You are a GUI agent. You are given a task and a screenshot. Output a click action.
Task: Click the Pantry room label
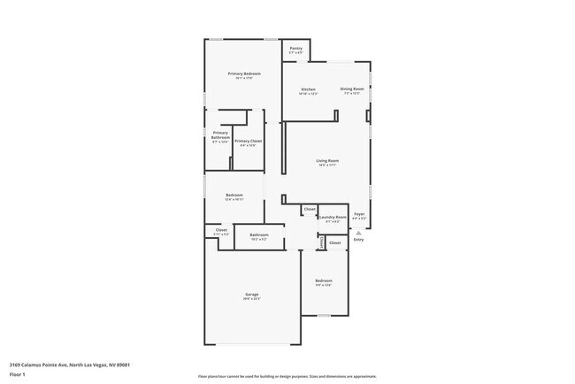(x=295, y=50)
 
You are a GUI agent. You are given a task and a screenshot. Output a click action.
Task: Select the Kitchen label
(x=308, y=89)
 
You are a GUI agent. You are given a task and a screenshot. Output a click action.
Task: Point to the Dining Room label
(x=351, y=89)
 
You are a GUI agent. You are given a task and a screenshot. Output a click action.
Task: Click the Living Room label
(x=327, y=160)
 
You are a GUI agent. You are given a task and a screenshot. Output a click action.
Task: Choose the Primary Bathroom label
(x=220, y=134)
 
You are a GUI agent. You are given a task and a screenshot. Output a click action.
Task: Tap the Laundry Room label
(x=332, y=217)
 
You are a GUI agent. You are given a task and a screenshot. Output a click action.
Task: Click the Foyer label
(x=359, y=214)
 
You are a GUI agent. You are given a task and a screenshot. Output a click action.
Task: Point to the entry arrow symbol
(x=358, y=232)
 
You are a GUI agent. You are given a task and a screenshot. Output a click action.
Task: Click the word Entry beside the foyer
(x=358, y=240)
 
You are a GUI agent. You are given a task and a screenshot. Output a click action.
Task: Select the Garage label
(x=252, y=294)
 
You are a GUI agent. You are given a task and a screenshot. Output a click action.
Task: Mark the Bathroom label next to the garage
(x=258, y=234)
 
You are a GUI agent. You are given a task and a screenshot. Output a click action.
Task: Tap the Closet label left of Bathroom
(x=221, y=230)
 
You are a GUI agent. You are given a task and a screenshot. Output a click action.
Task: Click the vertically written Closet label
(x=321, y=242)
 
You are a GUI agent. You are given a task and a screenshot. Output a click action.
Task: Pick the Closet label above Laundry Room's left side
(x=309, y=210)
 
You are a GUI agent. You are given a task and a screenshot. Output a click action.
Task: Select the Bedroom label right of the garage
(x=324, y=280)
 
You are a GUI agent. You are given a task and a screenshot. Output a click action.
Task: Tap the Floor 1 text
(x=17, y=374)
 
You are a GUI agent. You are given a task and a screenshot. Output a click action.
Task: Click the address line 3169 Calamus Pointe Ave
(x=70, y=364)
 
